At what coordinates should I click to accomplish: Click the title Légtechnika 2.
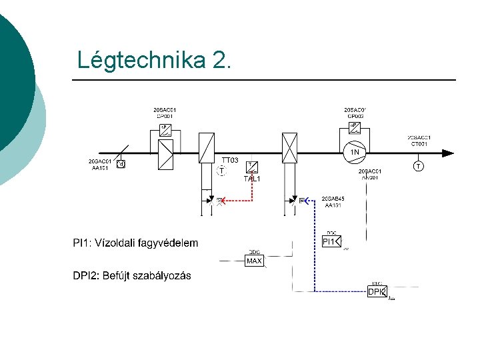155,60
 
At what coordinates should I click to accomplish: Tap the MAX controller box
254,261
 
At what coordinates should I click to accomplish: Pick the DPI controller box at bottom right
377,291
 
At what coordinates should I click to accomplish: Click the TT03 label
230,160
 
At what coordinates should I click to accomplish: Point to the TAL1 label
252,179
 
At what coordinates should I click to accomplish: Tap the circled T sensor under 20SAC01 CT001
417,166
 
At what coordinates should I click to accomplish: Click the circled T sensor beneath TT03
221,171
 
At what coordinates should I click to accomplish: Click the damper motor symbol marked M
121,164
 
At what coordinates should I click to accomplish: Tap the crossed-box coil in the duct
289,148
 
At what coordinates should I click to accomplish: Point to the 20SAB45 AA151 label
333,202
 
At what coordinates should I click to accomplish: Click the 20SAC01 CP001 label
164,112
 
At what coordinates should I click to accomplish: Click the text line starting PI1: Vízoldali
135,243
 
